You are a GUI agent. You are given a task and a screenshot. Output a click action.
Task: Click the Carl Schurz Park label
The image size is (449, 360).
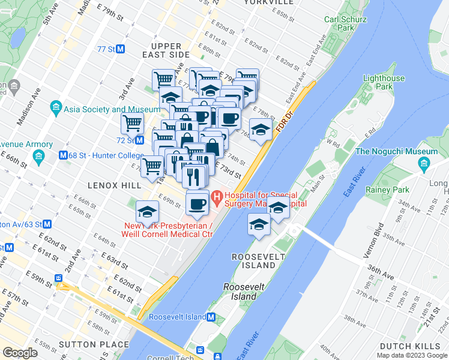(339, 23)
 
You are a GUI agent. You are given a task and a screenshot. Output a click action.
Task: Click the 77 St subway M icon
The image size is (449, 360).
(121, 49)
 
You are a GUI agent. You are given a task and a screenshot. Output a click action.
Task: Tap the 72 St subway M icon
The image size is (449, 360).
(139, 140)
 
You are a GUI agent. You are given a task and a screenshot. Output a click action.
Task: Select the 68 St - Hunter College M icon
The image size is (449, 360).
(62, 155)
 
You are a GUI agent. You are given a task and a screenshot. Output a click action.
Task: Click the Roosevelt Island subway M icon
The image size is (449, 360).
(210, 317)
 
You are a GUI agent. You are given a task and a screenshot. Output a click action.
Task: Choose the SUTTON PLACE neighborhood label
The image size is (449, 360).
(94, 344)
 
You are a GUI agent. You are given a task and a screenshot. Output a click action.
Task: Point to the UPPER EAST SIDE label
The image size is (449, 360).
(166, 50)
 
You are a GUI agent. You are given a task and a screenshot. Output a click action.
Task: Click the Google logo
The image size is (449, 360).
(20, 353)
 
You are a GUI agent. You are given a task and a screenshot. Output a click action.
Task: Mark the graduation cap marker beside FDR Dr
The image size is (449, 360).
(260, 130)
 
